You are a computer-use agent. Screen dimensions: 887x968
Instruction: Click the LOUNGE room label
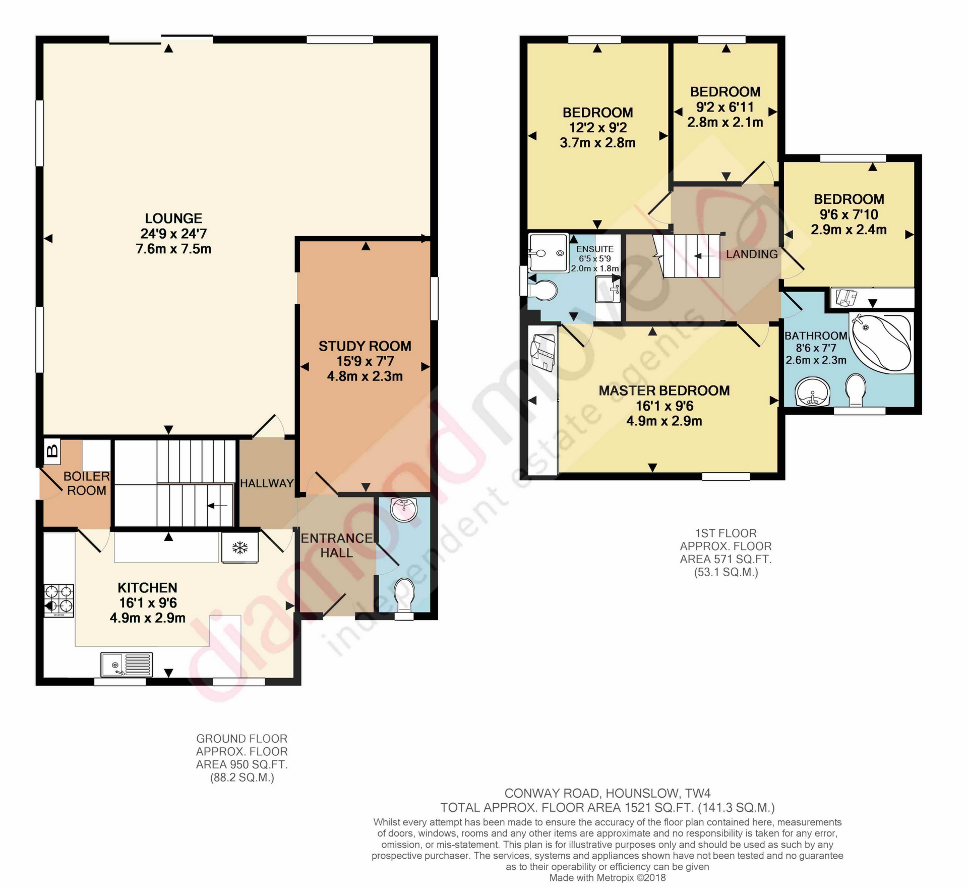coord(173,218)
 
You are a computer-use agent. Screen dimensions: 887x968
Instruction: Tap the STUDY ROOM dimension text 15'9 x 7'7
coord(365,361)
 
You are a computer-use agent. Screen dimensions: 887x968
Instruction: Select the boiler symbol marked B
coord(52,451)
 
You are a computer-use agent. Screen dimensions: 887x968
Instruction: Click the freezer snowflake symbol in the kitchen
coord(240,548)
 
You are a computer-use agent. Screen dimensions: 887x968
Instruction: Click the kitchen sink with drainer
coord(127,664)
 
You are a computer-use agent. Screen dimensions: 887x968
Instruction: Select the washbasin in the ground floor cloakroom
coord(404,510)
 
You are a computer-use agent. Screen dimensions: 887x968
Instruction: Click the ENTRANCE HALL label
coord(337,545)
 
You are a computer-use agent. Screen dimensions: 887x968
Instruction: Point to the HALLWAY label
coord(267,483)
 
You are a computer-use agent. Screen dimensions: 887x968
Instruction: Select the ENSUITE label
coord(595,249)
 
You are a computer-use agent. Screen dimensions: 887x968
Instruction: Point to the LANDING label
coord(752,254)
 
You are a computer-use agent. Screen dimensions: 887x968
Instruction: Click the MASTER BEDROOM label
coord(664,391)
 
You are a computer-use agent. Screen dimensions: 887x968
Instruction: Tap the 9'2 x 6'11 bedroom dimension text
coord(725,107)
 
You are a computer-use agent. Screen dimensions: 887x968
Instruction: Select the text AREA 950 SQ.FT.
coord(242,764)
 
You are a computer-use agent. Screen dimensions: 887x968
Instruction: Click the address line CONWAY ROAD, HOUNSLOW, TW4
coord(608,794)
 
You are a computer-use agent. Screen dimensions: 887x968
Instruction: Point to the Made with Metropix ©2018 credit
coord(608,878)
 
